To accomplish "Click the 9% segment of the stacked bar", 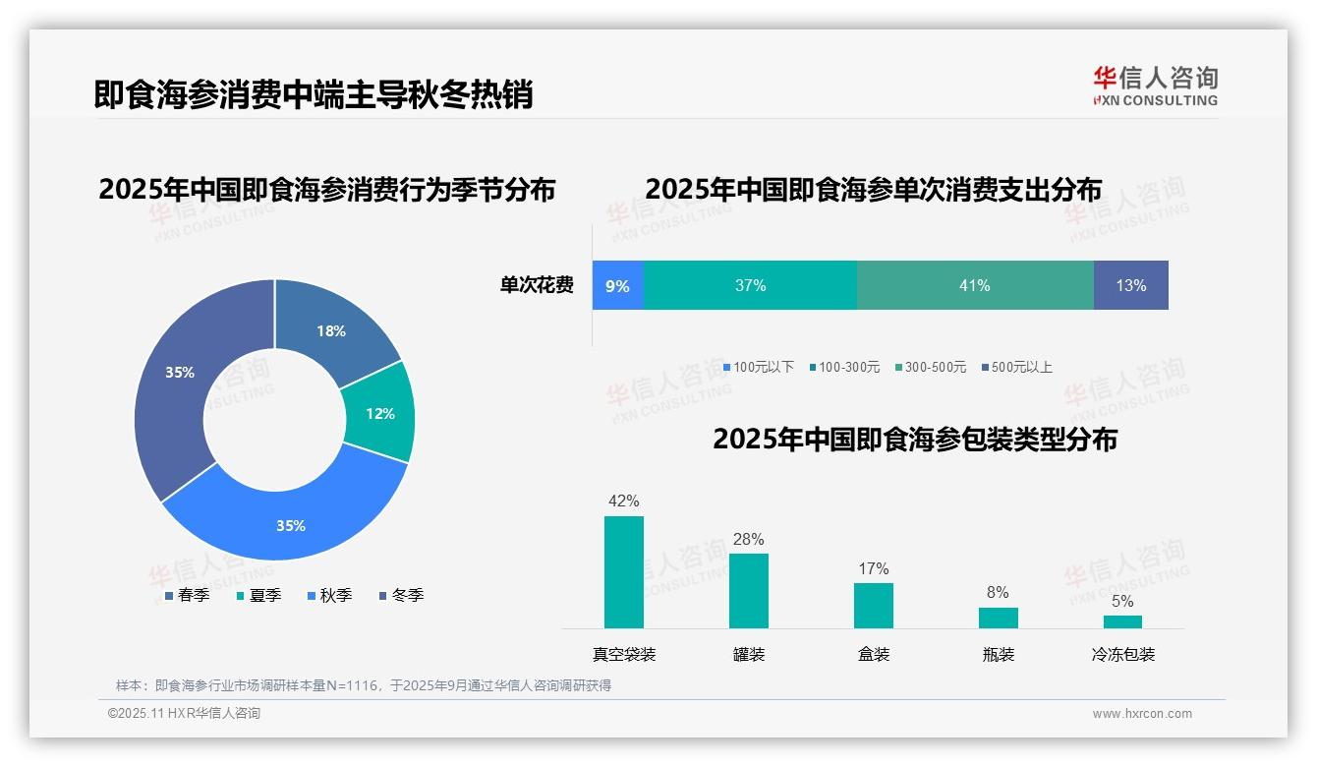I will pyautogui.click(x=617, y=285).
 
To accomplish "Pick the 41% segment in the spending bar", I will pyautogui.click(x=974, y=285).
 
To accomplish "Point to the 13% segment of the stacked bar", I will pyautogui.click(x=1130, y=285).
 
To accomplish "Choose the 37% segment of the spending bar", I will pyautogui.click(x=750, y=285).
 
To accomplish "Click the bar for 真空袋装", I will pyautogui.click(x=623, y=572).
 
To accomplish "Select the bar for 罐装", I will pyautogui.click(x=749, y=591).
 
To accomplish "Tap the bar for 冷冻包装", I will pyautogui.click(x=1122, y=621).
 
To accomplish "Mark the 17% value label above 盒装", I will pyautogui.click(x=873, y=568).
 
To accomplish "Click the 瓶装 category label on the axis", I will pyautogui.click(x=998, y=654).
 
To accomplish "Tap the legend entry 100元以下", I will pyautogui.click(x=758, y=367).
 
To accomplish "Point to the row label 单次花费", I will pyautogui.click(x=537, y=285).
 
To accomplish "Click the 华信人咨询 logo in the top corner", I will pyautogui.click(x=1155, y=86).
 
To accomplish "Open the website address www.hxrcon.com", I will pyautogui.click(x=1142, y=714).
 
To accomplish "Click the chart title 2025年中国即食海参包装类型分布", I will pyautogui.click(x=914, y=439).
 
